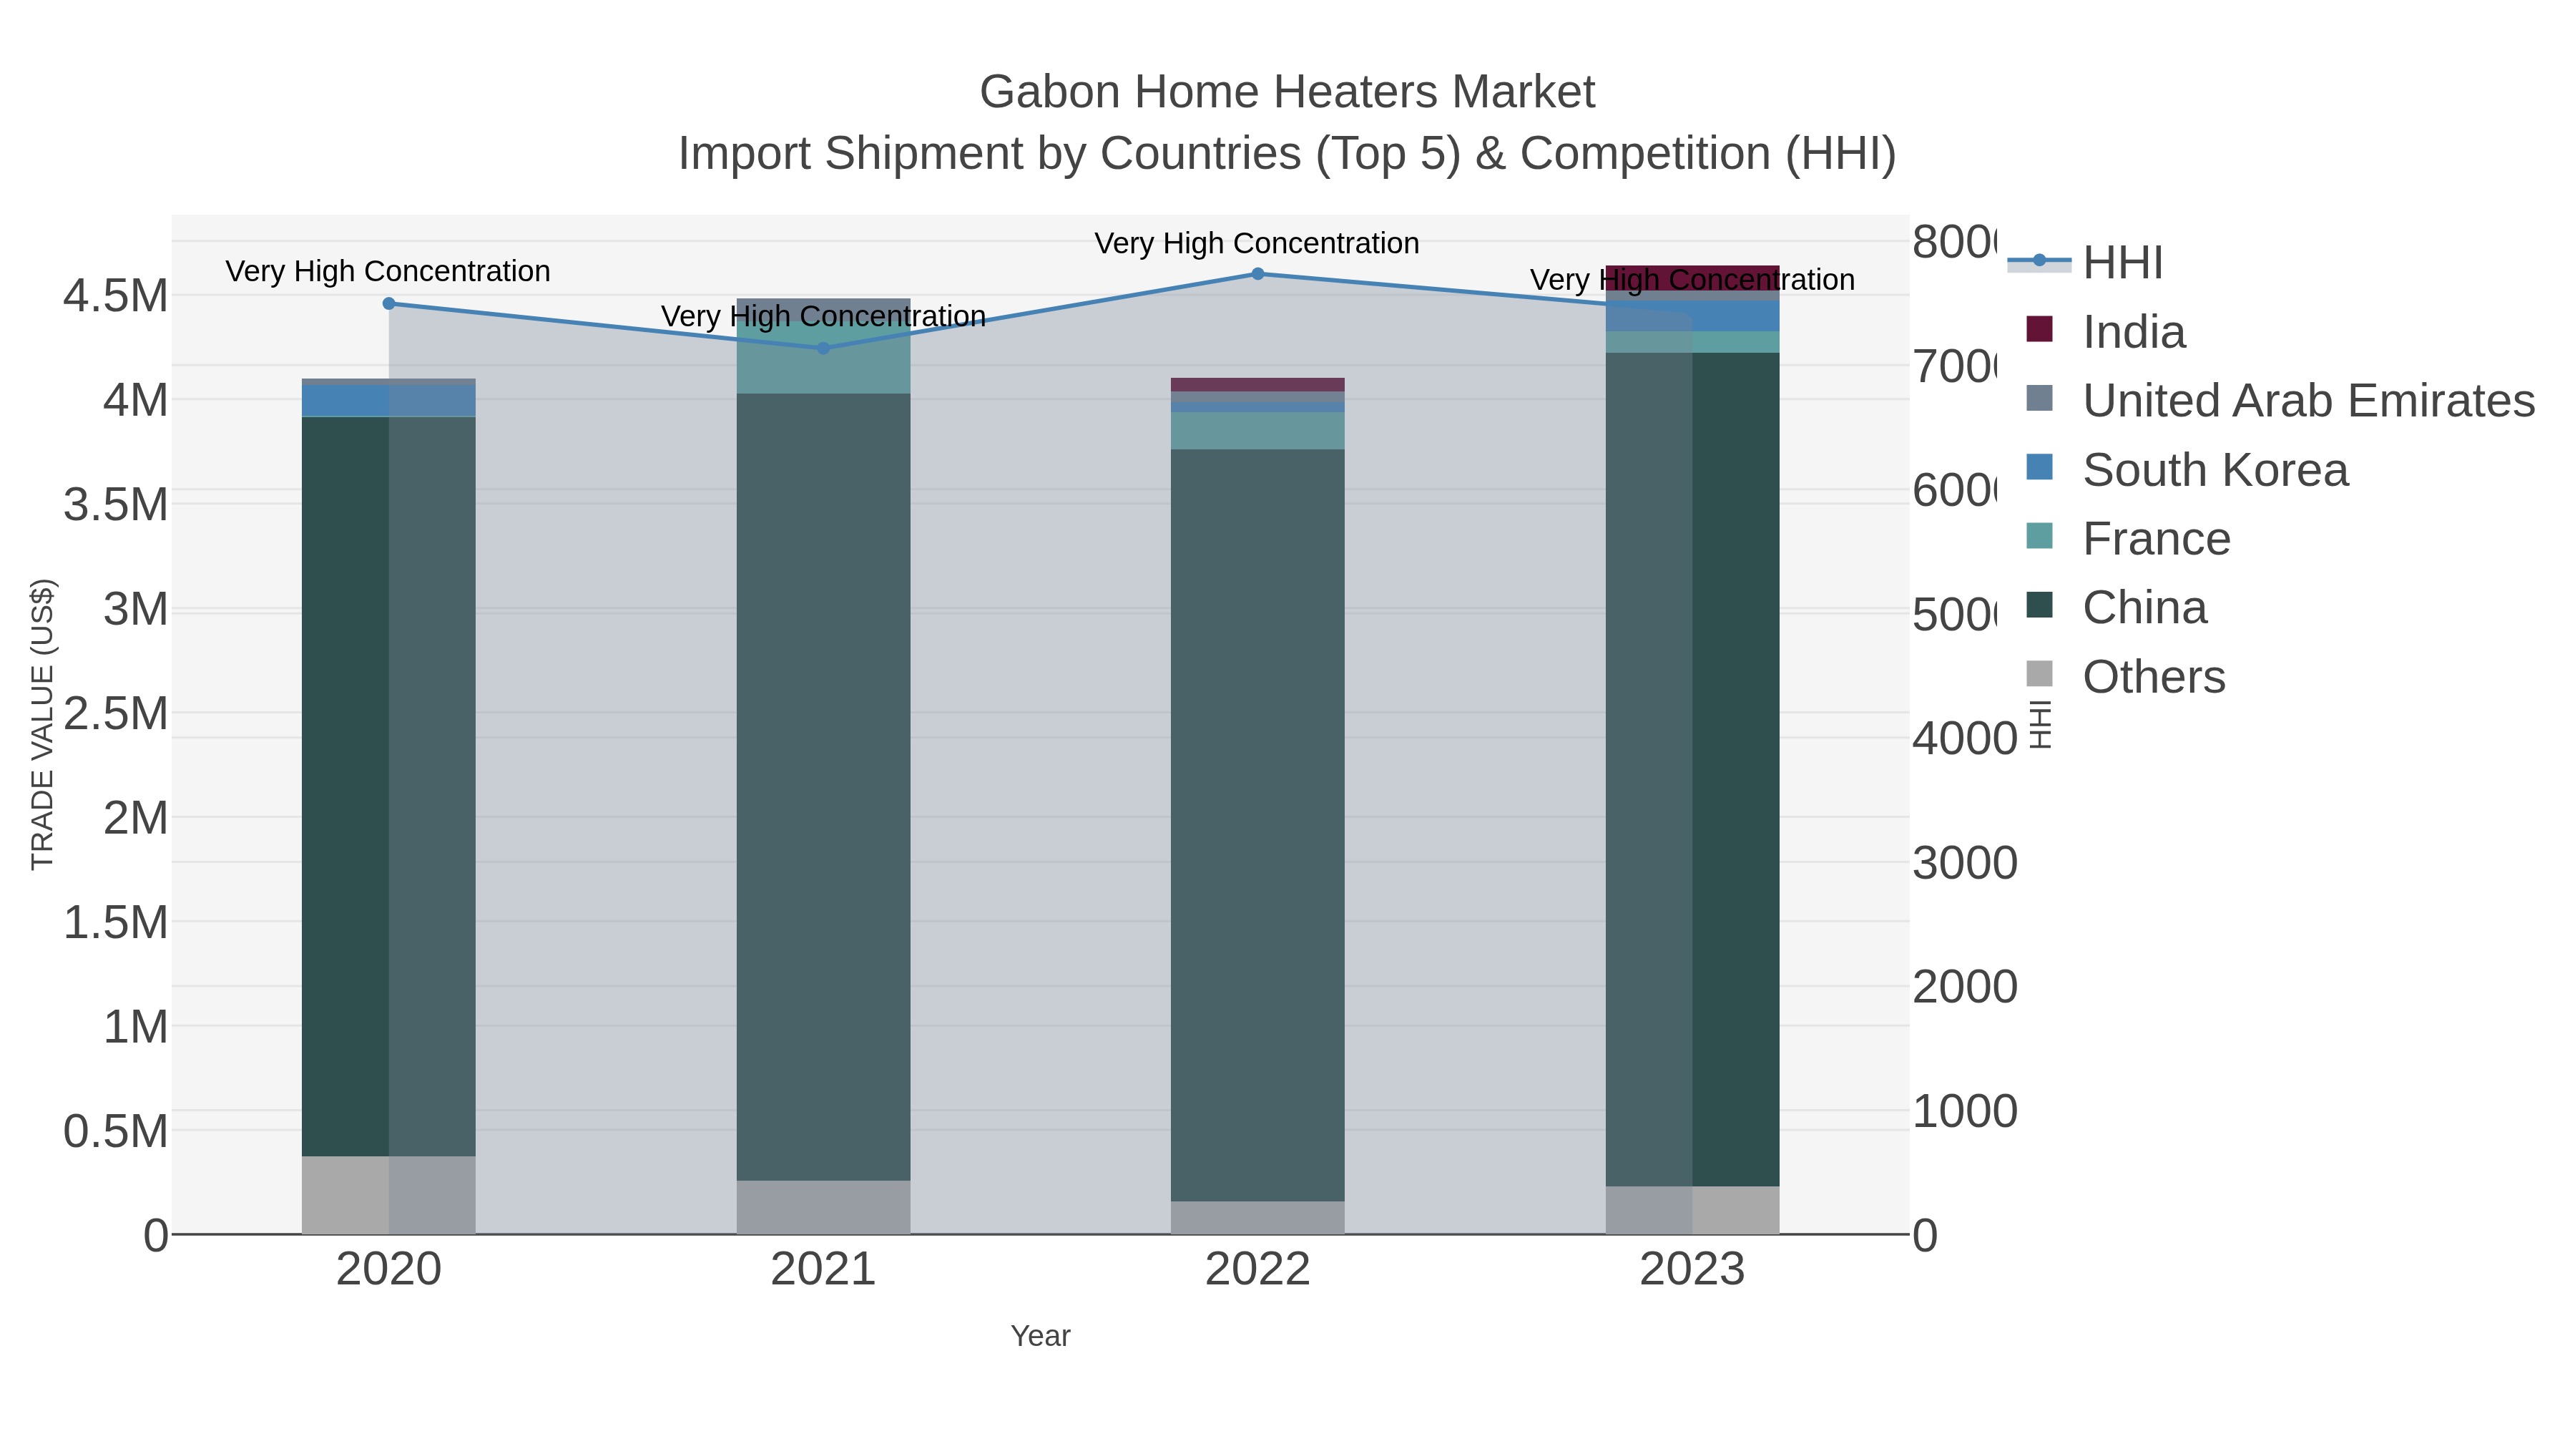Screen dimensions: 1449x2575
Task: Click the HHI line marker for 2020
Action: click(389, 303)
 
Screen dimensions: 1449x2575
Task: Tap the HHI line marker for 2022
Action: click(1257, 274)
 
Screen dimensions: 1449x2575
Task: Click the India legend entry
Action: click(2133, 332)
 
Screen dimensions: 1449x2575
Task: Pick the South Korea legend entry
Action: click(2214, 470)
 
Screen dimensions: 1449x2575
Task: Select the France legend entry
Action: click(2155, 539)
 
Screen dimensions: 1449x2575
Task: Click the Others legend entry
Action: click(2153, 677)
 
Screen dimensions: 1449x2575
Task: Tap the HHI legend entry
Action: click(2122, 263)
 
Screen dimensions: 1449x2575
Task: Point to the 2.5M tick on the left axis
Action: click(116, 714)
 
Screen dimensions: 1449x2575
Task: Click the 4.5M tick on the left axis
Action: click(116, 296)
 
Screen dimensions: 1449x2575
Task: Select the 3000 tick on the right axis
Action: click(1964, 863)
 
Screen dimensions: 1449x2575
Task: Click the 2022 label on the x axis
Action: click(1257, 1269)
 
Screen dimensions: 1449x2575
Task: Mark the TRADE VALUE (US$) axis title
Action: click(42, 724)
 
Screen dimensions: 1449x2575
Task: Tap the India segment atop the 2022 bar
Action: click(1257, 385)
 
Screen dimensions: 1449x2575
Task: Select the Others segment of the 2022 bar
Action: click(1257, 1217)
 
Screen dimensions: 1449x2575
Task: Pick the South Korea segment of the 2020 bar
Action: click(389, 401)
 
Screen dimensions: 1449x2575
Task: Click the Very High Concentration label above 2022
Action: click(1257, 243)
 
